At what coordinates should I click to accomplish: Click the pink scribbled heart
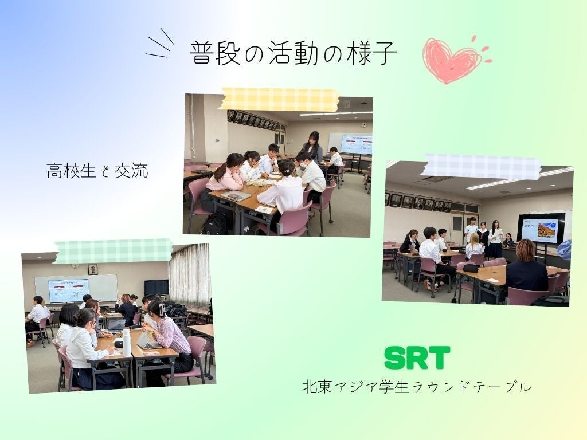[452, 60]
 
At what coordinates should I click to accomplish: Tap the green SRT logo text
[417, 357]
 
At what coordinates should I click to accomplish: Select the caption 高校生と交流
[97, 171]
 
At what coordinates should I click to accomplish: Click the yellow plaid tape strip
[279, 99]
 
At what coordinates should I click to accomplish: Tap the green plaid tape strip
[114, 251]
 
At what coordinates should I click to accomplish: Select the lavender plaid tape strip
[481, 166]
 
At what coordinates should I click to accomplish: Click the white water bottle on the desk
[127, 343]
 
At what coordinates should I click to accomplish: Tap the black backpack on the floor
[215, 224]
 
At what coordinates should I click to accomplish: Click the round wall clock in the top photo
[363, 125]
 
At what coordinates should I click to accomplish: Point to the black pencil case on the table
[471, 268]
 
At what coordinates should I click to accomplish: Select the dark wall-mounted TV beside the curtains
[156, 288]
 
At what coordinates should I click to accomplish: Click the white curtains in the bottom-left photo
[190, 274]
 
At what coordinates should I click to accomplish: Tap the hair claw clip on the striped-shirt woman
[162, 309]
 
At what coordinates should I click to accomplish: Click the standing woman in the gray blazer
[312, 147]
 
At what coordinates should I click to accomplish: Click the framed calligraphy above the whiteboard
[92, 269]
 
